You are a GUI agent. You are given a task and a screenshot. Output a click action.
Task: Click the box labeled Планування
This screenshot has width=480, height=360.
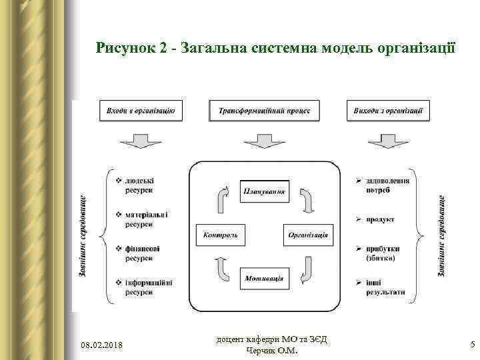(x=265, y=192)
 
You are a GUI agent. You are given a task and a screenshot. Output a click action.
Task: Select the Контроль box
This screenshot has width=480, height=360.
(x=221, y=235)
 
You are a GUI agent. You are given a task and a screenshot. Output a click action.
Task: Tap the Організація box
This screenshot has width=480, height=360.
(x=308, y=235)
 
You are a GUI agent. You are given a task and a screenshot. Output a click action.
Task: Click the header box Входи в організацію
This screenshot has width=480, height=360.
(x=141, y=111)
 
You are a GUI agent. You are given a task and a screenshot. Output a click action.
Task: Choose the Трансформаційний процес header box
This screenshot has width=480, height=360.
(x=265, y=111)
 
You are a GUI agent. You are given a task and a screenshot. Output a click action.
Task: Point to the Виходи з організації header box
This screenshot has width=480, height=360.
(x=389, y=111)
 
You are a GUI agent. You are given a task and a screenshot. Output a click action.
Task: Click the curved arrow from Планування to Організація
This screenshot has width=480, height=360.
(x=306, y=200)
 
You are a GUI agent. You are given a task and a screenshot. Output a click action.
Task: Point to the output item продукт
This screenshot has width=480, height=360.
(x=379, y=219)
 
